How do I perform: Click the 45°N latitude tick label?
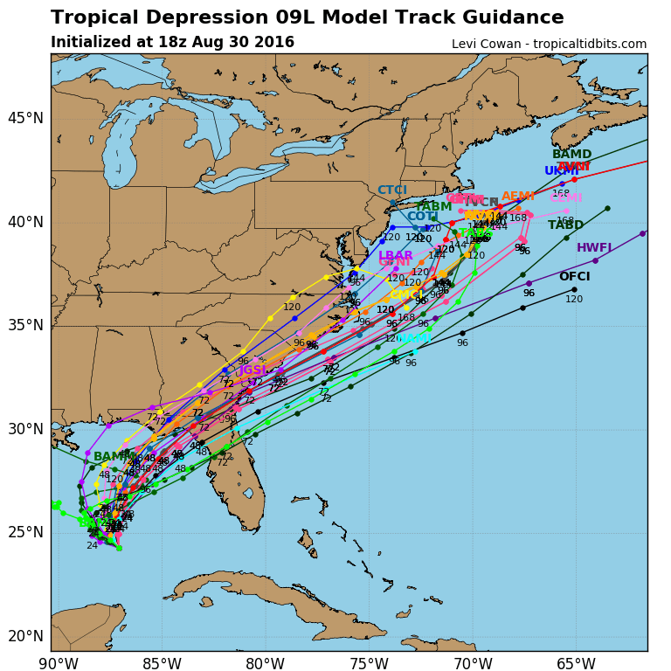(25, 118)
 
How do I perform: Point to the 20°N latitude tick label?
(25, 636)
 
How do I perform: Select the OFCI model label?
(574, 277)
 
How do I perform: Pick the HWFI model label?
(594, 248)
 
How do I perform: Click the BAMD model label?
(571, 155)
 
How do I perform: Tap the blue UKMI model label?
(563, 171)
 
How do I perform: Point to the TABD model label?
(565, 225)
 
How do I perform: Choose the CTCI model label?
(391, 190)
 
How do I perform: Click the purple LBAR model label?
(395, 256)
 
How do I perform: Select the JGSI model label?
(252, 370)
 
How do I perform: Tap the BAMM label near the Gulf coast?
(112, 457)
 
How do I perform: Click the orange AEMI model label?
(518, 197)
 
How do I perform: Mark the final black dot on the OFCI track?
(574, 289)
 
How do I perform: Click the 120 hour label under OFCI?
(574, 300)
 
